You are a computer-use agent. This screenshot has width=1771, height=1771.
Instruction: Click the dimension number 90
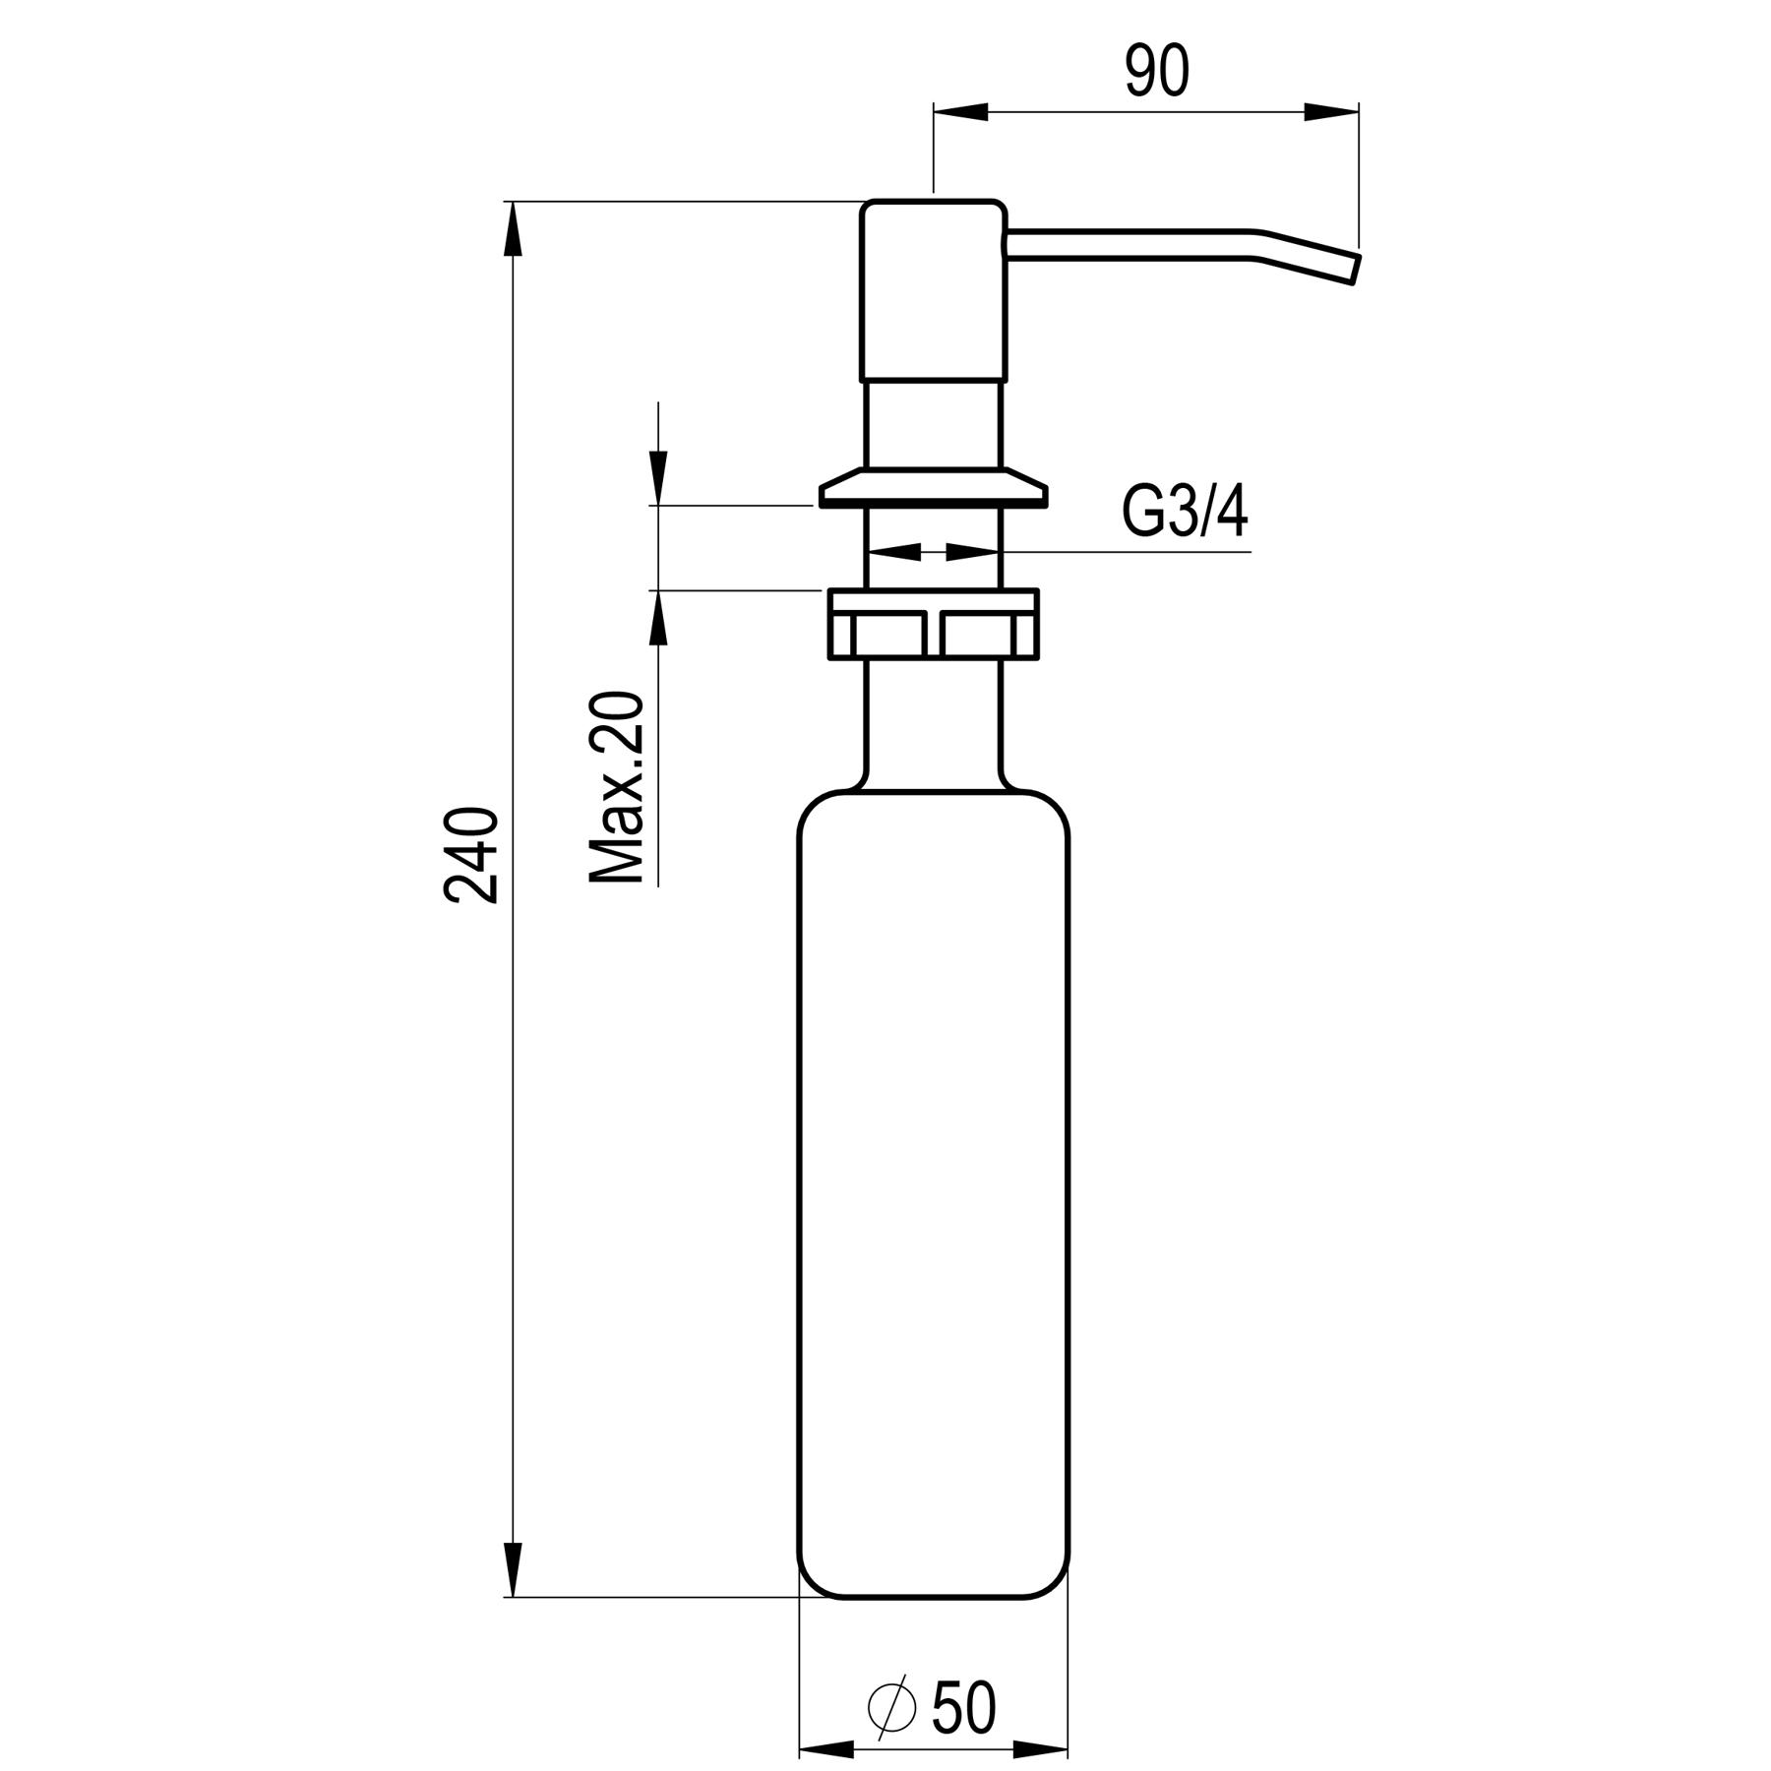pyautogui.click(x=1157, y=72)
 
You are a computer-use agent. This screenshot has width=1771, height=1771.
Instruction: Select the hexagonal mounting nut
pyautogui.click(x=933, y=624)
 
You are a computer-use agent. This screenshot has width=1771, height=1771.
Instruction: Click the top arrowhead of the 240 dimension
pyautogui.click(x=513, y=231)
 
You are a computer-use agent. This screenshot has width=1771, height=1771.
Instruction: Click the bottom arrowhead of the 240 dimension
pyautogui.click(x=513, y=1568)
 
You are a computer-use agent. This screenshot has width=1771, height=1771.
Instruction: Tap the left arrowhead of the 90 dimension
pyautogui.click(x=959, y=112)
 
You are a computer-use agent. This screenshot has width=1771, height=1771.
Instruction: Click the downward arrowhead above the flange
pyautogui.click(x=658, y=477)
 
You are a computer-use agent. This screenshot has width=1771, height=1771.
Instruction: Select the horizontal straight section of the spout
pyautogui.click(x=1131, y=245)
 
